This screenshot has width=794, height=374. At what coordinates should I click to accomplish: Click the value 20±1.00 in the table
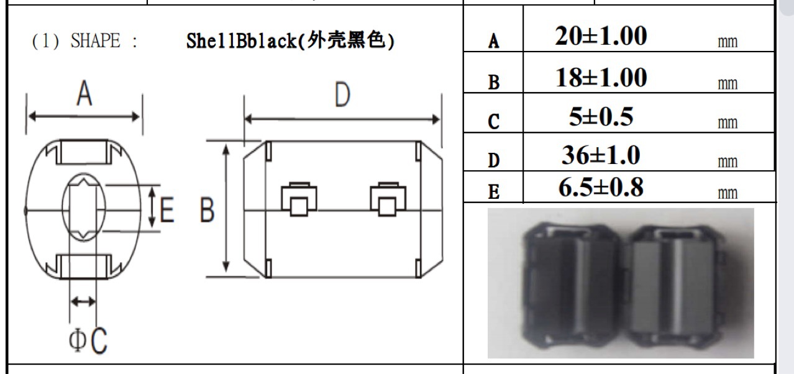601,37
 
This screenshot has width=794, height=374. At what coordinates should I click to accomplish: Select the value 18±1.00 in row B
601,78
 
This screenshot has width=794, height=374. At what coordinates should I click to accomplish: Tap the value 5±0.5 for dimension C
601,117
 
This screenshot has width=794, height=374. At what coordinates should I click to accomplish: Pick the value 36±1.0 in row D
601,155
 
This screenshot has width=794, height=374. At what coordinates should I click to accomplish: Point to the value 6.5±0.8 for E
601,188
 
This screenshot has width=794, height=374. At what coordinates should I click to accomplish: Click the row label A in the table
493,42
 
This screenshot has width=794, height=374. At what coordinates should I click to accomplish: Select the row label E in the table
493,193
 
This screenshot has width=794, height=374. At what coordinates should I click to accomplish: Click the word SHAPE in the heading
95,41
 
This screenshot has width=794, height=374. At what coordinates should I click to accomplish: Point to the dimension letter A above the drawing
84,96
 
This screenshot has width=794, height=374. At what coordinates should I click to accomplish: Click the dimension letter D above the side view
342,96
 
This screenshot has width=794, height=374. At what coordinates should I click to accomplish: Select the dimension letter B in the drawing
207,212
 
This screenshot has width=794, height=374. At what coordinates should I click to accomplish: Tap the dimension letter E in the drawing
167,212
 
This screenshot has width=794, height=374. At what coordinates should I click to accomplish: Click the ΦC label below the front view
88,340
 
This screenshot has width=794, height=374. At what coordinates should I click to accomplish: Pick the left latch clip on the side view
299,199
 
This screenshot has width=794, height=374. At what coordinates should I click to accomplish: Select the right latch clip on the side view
386,199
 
